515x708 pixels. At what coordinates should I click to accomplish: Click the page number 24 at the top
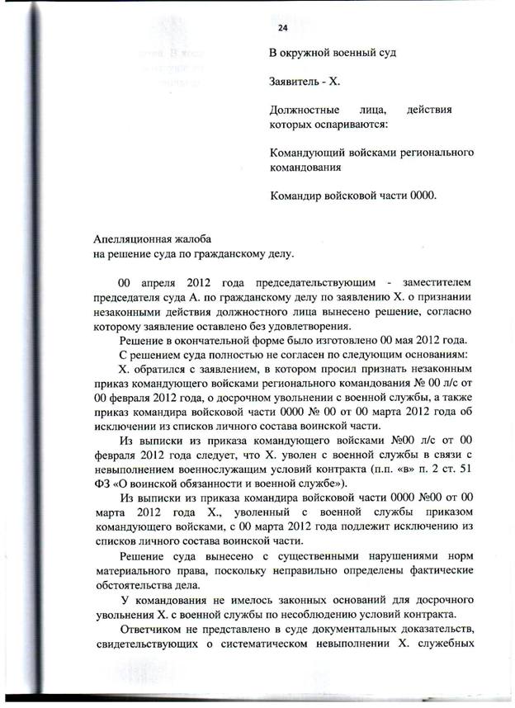(x=282, y=28)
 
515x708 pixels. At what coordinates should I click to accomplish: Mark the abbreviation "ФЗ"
(x=103, y=484)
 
